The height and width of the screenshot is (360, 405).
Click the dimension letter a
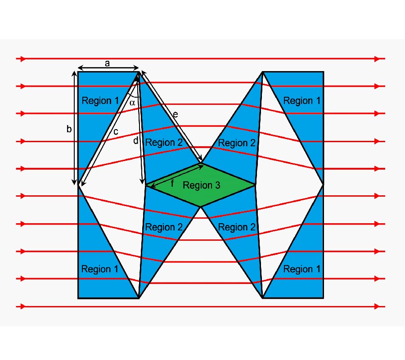coord(107,63)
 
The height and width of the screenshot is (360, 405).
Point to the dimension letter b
coord(69,129)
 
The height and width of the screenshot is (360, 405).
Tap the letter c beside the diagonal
coord(116,132)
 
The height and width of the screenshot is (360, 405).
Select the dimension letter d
coord(135,140)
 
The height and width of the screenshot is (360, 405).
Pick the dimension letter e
coord(175,114)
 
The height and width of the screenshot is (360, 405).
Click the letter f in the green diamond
coord(172,183)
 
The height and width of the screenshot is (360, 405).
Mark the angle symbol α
coord(132,103)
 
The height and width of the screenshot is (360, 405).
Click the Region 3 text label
coord(202,185)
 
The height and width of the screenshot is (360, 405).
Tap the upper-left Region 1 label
coord(100,100)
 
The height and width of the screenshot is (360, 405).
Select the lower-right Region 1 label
coord(301,269)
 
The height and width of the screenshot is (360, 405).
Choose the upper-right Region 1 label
coord(301,100)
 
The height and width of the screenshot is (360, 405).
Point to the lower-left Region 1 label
coord(100,269)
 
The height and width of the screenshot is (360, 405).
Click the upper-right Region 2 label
coord(237,143)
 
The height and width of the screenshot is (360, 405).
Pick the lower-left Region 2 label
coord(164,227)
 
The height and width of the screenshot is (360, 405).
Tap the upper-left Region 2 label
coord(164,142)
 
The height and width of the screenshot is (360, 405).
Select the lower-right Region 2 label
coord(237,227)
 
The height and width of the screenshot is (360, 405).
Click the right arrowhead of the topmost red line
coord(378,59)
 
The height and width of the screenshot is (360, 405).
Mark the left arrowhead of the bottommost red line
coord(23,306)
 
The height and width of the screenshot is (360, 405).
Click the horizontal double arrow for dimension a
coord(108,68)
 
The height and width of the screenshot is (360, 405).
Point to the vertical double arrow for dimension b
coord(74,128)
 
